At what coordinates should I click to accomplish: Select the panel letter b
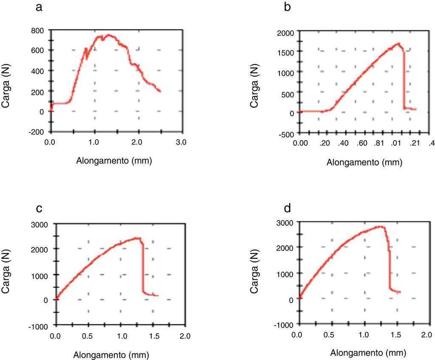click(x=288, y=7)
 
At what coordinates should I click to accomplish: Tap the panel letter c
click(x=39, y=209)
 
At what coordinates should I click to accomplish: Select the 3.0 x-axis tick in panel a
click(x=181, y=142)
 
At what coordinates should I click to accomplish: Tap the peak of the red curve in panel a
click(x=109, y=35)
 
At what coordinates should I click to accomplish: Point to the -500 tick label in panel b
click(x=284, y=134)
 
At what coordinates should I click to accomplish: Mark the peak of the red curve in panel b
click(x=398, y=43)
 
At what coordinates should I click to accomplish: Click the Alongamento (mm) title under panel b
click(x=364, y=162)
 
